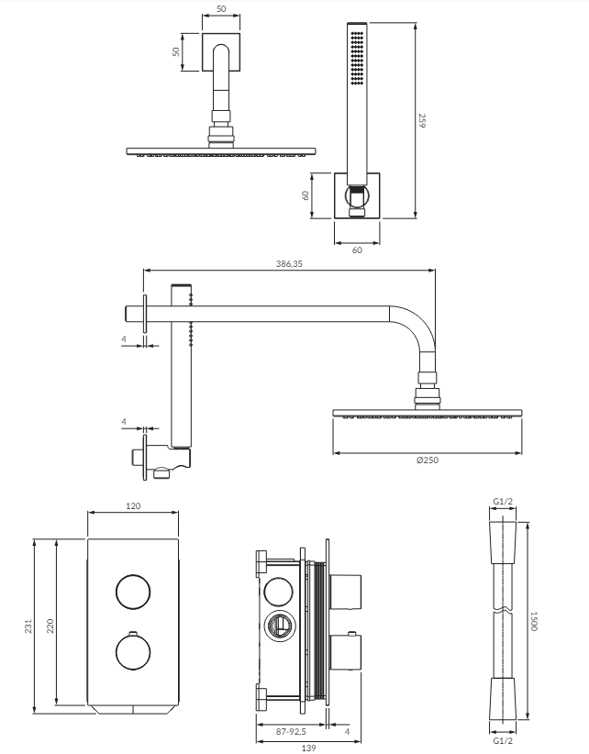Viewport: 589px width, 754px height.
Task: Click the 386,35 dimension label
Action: click(289, 263)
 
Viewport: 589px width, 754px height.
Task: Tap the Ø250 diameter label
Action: click(428, 460)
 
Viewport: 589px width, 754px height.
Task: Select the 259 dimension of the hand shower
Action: click(422, 120)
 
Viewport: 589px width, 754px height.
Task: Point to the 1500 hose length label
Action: click(533, 621)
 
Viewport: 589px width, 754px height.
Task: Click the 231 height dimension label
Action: click(28, 626)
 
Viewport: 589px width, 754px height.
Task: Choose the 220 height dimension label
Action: click(50, 626)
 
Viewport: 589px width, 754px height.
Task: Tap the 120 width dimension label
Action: click(133, 505)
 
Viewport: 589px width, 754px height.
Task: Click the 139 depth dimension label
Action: click(308, 748)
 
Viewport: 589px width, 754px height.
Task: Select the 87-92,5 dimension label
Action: click(291, 732)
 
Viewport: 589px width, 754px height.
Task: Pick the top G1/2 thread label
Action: click(503, 502)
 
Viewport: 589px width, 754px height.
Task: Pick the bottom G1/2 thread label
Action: click(503, 740)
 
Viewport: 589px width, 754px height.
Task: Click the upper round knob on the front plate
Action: click(133, 592)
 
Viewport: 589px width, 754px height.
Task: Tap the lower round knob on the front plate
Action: click(133, 652)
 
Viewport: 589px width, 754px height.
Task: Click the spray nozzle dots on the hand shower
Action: click(357, 58)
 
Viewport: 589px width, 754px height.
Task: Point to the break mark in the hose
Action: click(503, 611)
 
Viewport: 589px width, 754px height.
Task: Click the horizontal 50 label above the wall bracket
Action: click(221, 9)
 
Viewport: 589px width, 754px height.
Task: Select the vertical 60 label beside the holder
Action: click(306, 195)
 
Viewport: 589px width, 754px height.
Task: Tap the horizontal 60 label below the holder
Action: click(357, 250)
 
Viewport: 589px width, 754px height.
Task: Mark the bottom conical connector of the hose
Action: click(503, 700)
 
